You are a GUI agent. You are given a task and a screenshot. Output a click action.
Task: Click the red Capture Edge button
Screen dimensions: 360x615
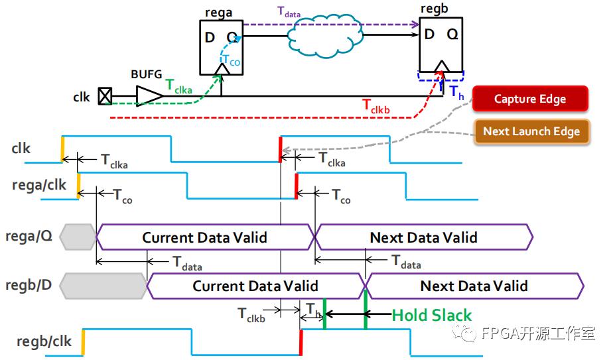coord(529,99)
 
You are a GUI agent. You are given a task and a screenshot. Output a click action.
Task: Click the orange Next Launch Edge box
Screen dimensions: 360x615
coord(531,131)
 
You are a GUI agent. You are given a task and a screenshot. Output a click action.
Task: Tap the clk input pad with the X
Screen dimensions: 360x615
coord(104,97)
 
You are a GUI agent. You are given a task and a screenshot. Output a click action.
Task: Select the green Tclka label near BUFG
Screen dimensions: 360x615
coord(179,84)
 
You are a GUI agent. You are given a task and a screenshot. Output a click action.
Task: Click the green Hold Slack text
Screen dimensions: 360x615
coord(432,315)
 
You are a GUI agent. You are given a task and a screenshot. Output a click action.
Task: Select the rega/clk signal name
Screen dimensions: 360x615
coord(39,185)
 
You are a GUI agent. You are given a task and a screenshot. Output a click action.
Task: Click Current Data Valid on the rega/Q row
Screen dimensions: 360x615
coord(204,237)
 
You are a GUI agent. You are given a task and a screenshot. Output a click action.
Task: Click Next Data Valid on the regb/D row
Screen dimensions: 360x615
coord(474,286)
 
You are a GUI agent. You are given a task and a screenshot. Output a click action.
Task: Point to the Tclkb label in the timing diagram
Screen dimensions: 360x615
coord(251,314)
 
